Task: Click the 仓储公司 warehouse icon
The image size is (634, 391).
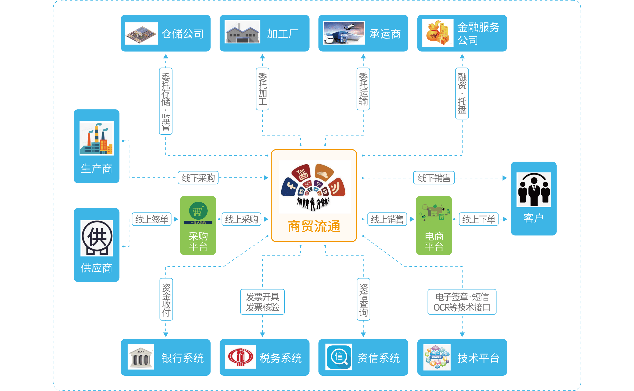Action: point(141,33)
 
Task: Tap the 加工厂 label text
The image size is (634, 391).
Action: point(283,34)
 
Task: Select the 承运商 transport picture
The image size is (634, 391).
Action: point(344,33)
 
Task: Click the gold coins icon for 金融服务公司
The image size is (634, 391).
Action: point(438,33)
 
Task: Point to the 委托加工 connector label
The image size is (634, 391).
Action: point(262,89)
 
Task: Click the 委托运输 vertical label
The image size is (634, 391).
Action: point(363,89)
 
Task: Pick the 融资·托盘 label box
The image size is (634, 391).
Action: point(462,93)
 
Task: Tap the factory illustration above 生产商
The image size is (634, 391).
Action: point(97,138)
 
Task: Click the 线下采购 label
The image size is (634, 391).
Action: point(198,178)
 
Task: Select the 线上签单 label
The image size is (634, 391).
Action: point(152,219)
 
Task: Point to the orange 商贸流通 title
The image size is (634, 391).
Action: point(314,226)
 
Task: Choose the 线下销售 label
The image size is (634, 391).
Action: point(434,178)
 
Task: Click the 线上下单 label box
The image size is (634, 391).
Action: point(479,219)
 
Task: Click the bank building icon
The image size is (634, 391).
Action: point(141,357)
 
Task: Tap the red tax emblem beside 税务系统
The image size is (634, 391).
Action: point(240,357)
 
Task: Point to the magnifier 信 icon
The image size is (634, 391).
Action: point(339,357)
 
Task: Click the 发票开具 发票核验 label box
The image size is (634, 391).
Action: point(262,302)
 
